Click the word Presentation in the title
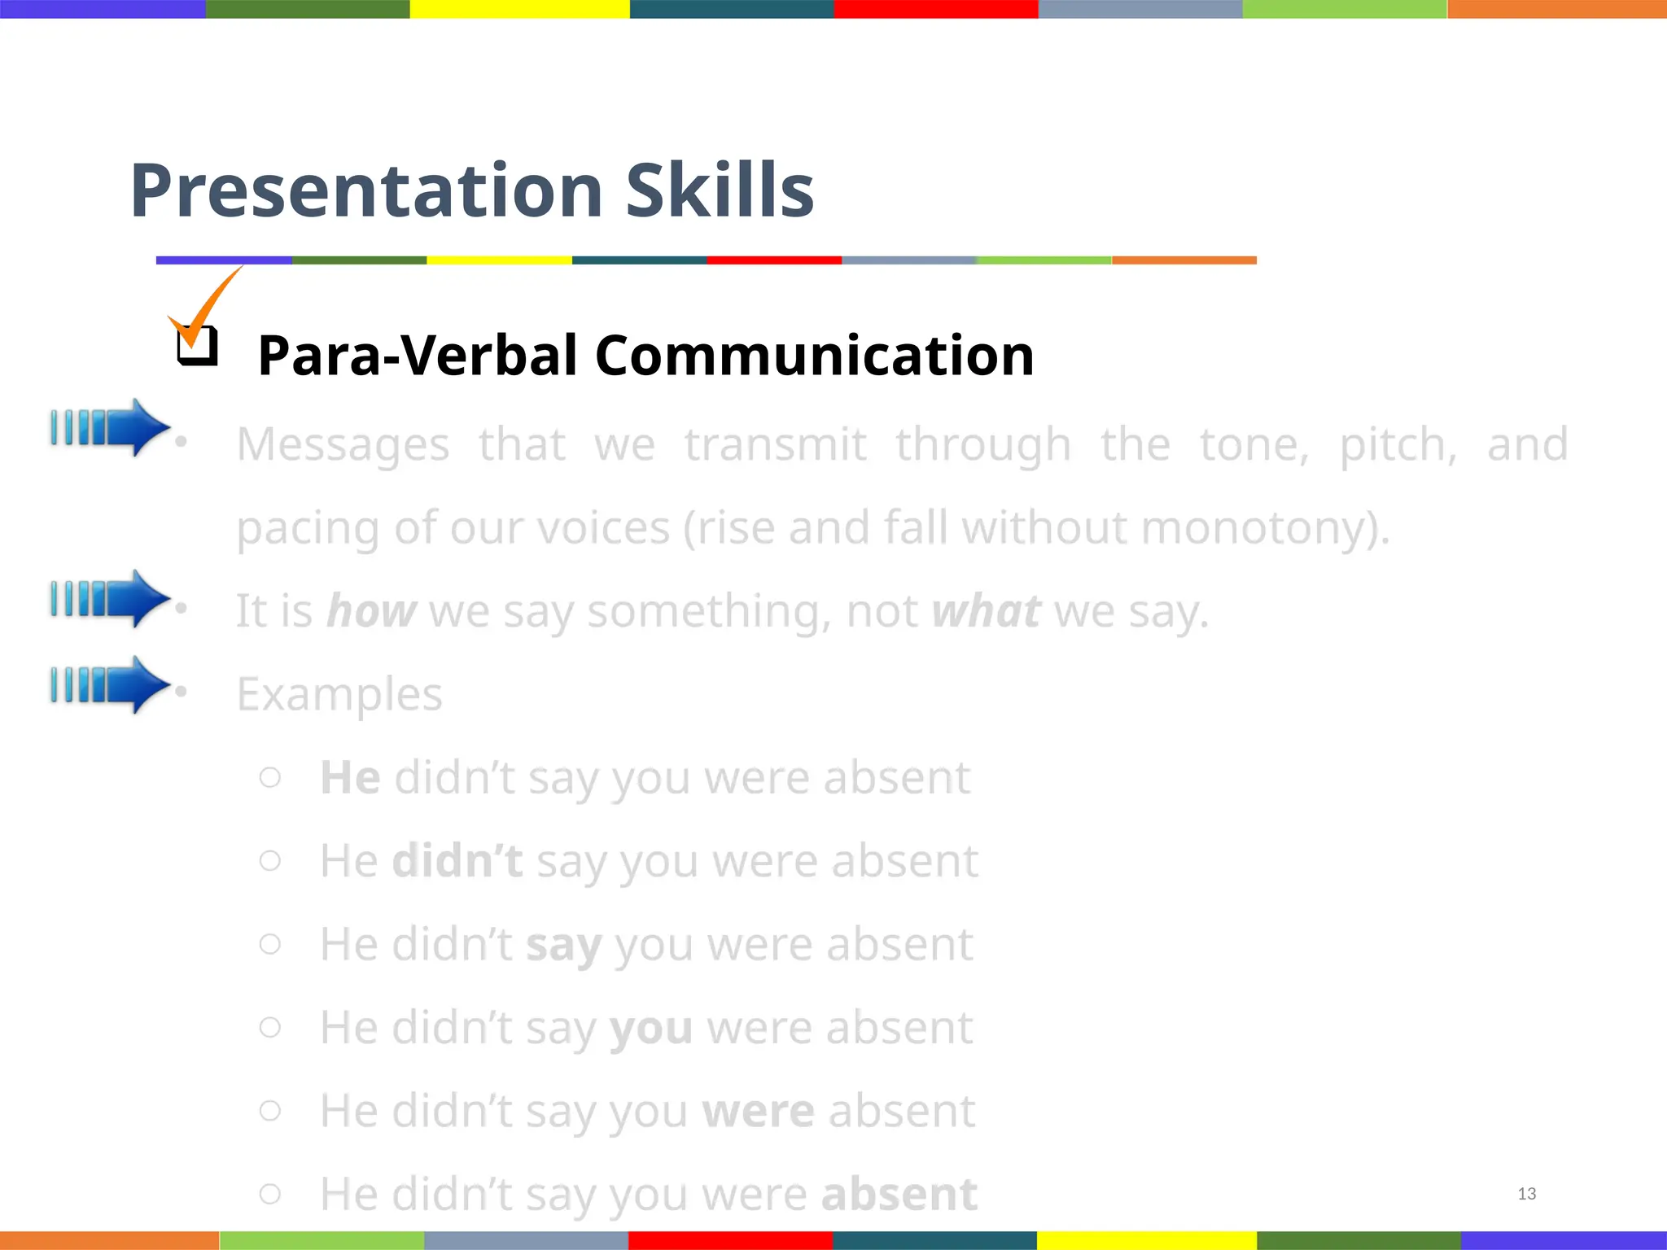pyautogui.click(x=366, y=191)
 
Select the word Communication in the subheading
pyautogui.click(x=814, y=356)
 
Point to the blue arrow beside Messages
pyautogui.click(x=110, y=427)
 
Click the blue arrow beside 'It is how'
pyautogui.click(x=110, y=599)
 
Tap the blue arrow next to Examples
pyautogui.click(x=110, y=684)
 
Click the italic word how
pyautogui.click(x=371, y=611)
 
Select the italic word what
pyautogui.click(x=986, y=611)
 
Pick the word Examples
pyautogui.click(x=339, y=695)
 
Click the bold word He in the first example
pyautogui.click(x=350, y=778)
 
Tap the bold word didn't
pyautogui.click(x=457, y=861)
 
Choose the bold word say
pyautogui.click(x=563, y=946)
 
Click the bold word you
pyautogui.click(x=651, y=1029)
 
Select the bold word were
pyautogui.click(x=758, y=1112)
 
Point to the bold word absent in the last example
pyautogui.click(x=899, y=1195)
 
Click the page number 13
pyautogui.click(x=1526, y=1194)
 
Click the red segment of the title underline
pyautogui.click(x=773, y=260)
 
